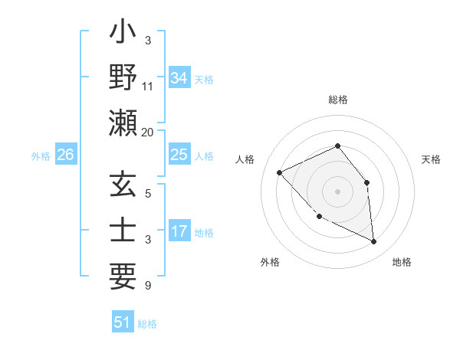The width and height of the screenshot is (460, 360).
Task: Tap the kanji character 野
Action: pos(123,80)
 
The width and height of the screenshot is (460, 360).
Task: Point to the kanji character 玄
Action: pos(123,186)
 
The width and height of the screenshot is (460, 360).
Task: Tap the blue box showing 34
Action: pos(179,78)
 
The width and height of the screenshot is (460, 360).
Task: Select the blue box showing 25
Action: pos(179,155)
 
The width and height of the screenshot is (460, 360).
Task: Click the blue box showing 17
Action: pos(179,232)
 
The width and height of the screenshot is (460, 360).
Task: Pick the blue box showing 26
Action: pos(65,155)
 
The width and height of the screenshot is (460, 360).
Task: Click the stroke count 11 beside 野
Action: pos(148,86)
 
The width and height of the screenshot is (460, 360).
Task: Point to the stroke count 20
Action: pos(148,132)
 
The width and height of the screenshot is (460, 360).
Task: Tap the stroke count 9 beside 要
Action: pos(148,286)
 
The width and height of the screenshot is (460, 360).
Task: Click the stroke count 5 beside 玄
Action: pos(148,193)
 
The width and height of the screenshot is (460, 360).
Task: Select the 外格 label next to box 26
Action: pos(41,156)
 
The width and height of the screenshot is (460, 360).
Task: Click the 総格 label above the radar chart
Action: pos(337,100)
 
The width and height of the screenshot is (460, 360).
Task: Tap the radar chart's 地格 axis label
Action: pos(402,262)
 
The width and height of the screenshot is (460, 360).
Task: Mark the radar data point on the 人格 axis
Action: pos(280,173)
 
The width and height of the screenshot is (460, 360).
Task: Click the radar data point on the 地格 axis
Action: pos(374,242)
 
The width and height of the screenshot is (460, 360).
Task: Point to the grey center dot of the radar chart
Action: pos(337,191)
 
